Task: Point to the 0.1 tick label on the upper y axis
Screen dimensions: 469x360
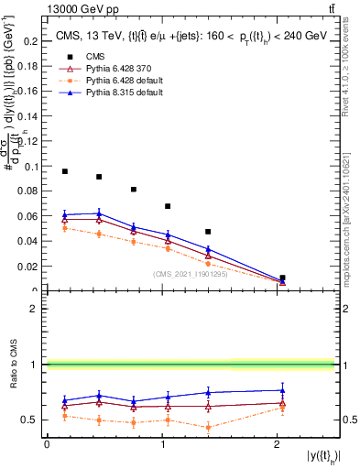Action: pos(31,167)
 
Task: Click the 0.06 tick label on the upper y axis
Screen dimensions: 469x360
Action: pos(28,217)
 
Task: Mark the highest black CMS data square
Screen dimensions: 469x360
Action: pos(65,171)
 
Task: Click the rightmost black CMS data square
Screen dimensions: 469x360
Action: pos(282,278)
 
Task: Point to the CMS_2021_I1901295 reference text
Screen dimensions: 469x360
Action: pos(192,274)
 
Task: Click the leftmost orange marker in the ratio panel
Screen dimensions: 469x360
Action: pos(65,416)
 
